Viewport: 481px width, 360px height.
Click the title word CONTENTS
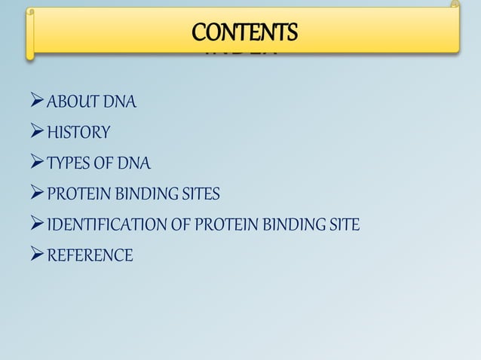[245, 32]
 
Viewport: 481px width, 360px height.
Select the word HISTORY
[78, 134]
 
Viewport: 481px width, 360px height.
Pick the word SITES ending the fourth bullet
[200, 195]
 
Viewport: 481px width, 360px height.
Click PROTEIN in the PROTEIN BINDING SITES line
[78, 195]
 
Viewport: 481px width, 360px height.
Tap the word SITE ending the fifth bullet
[344, 225]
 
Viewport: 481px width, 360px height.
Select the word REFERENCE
[90, 256]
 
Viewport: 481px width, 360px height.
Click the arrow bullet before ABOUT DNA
[35, 102]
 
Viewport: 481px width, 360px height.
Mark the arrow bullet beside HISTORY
[35, 133]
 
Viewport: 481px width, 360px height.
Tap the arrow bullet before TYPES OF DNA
[35, 163]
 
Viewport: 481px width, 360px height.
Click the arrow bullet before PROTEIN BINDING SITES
[35, 194]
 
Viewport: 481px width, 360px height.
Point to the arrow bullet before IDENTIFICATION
[35, 224]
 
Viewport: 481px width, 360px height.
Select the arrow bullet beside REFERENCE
[35, 255]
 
